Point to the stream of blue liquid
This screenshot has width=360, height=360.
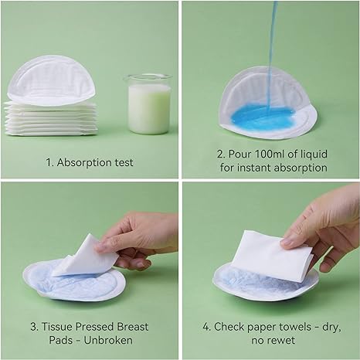coord(270,46)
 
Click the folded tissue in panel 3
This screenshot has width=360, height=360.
coord(85,256)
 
